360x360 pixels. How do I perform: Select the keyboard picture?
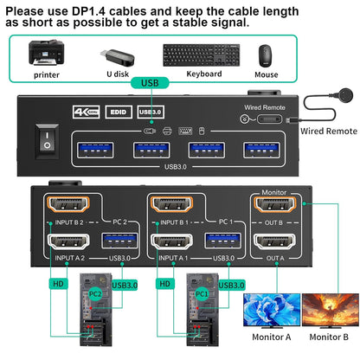[x=190, y=54]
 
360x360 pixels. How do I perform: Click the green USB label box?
[x=149, y=83]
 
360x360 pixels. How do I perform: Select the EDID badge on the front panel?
[x=117, y=112]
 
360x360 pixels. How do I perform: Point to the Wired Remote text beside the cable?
[x=328, y=132]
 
